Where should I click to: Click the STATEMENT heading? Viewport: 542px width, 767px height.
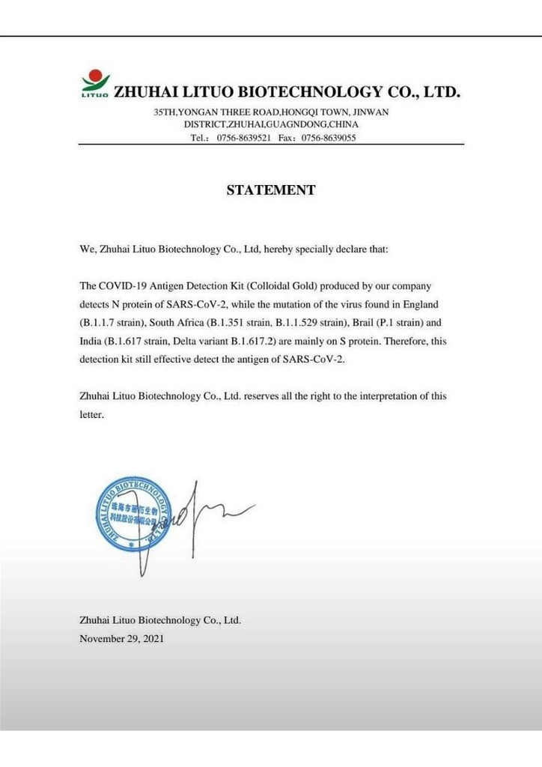coord(271,190)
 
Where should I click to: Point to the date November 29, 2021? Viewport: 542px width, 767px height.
coord(121,639)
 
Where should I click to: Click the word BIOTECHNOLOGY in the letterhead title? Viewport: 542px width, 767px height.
coord(309,93)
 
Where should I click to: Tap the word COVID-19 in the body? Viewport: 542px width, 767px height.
coord(122,287)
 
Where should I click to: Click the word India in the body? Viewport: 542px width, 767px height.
coord(90,341)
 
